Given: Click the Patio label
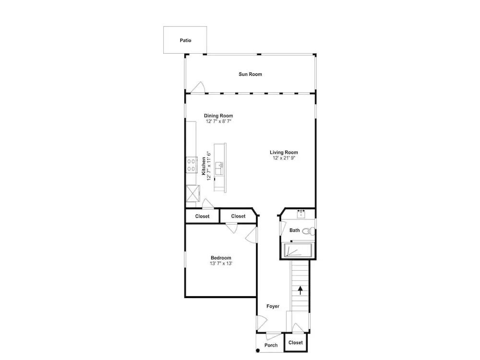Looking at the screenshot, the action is pos(185,40).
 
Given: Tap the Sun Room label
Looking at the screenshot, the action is pos(251,74).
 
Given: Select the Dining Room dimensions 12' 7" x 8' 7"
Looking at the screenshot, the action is pos(218,121).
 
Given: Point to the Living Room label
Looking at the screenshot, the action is pos(284,152).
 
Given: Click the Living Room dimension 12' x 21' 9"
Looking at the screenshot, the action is pos(284,158).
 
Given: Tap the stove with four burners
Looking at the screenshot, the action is pos(192,165).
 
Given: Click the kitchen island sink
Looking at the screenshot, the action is pos(219,168).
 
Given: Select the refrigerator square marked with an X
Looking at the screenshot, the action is pos(193,193).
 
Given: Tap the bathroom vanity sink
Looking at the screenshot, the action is pos(301,214).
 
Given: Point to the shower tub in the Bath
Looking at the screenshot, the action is pos(298,250).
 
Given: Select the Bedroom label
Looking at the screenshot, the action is pos(221,258).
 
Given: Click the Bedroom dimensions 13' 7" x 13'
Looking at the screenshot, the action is pos(221,263).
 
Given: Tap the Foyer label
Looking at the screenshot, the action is pos(273,306).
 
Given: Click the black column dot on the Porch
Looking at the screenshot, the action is pos(258,350).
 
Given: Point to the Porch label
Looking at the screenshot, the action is pos(271,345).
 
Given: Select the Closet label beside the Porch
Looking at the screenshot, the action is pos(295,343).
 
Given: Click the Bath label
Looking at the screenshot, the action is pos(295,230).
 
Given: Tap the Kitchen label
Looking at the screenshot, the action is pos(204,166).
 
